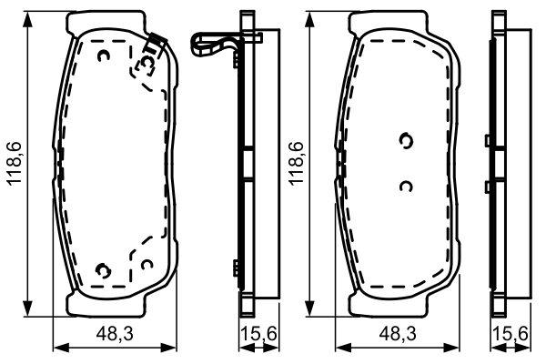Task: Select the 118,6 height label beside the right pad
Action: [296, 164]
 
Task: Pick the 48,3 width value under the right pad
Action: [398, 336]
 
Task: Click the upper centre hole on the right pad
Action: [406, 141]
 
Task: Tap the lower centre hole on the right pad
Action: [406, 186]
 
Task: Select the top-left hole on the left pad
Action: [104, 57]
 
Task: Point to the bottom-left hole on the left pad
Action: [104, 269]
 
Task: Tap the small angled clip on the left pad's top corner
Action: [155, 41]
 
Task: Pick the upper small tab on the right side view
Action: [489, 140]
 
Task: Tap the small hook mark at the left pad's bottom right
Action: [146, 264]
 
